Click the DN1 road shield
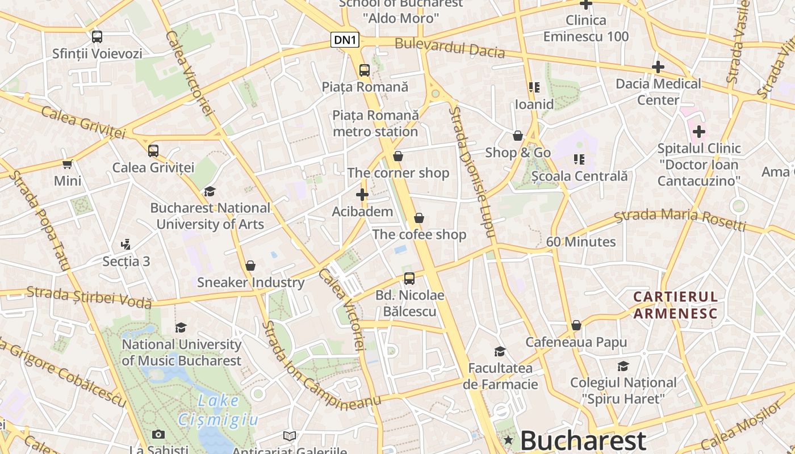[345, 40]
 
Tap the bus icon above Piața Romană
[365, 70]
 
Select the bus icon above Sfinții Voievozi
[97, 37]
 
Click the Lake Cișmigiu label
[218, 410]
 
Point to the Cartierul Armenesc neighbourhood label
[676, 305]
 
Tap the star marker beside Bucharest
[508, 440]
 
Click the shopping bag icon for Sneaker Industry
[250, 266]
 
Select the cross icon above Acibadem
[362, 195]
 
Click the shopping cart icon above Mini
[68, 165]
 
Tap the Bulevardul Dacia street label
[450, 48]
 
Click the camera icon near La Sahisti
[158, 435]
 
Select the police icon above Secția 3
[126, 245]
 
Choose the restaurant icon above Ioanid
[534, 87]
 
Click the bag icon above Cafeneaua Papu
[576, 326]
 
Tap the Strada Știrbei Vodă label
[89, 297]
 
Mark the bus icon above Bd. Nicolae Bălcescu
[409, 279]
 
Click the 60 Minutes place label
[581, 242]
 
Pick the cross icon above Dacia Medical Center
[658, 67]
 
